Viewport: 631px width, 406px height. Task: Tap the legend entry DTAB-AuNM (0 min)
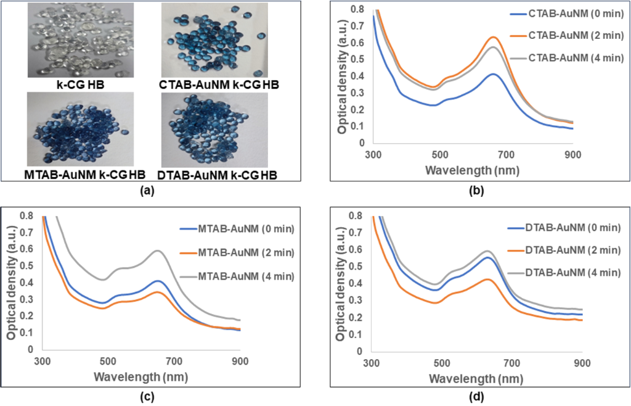coord(564,228)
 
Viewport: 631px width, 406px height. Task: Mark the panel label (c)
coord(146,396)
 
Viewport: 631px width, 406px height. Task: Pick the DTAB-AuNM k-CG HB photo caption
coord(218,175)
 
